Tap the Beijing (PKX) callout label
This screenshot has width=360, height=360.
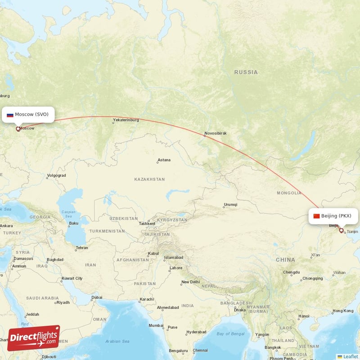[336, 216]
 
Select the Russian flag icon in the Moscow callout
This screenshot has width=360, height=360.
[10, 115]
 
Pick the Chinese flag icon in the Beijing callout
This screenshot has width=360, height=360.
[316, 216]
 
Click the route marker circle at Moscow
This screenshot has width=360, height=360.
[18, 129]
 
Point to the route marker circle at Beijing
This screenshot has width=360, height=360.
[341, 231]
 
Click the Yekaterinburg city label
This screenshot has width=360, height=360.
[126, 120]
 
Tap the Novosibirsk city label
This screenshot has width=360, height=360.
[215, 133]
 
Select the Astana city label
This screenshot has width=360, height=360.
[164, 161]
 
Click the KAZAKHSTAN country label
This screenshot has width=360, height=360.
[149, 179]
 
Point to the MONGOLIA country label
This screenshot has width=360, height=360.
[289, 193]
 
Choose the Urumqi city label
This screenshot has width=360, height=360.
[230, 205]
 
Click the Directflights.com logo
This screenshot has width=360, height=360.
[33, 337]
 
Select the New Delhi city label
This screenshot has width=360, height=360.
[190, 282]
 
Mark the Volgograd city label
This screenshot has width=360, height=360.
[56, 175]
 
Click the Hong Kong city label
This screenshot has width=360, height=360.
[342, 311]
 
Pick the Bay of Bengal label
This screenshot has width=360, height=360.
[230, 333]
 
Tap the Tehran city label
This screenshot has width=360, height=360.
[81, 247]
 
